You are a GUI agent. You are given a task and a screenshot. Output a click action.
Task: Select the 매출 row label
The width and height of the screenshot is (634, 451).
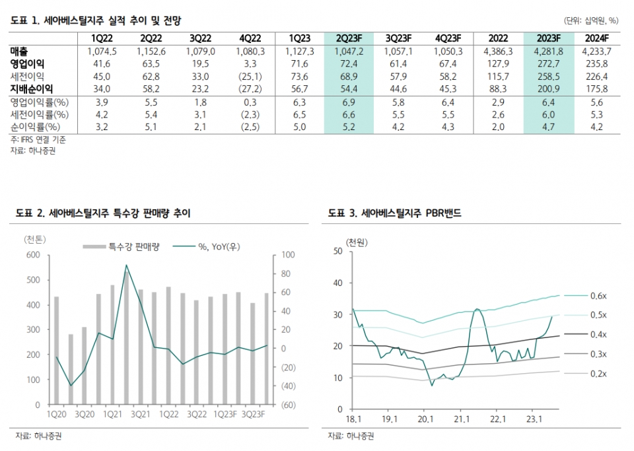pos(20,51)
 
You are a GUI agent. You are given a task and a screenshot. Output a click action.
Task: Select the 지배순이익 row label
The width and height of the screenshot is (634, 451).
pos(31,88)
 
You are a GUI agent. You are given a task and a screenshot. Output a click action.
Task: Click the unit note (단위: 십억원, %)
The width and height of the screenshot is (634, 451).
pos(591,20)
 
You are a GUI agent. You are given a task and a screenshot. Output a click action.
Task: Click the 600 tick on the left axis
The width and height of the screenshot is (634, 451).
pos(32,255)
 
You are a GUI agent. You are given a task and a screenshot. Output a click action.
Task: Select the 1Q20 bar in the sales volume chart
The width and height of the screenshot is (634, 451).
pos(56,350)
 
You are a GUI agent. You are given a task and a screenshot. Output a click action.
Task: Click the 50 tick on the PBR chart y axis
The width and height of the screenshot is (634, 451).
pos(338,251)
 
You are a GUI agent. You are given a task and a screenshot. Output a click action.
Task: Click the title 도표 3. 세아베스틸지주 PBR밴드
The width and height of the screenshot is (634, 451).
pos(394,213)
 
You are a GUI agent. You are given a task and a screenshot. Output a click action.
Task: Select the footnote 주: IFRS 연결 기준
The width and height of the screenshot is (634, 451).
pos(38,139)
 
